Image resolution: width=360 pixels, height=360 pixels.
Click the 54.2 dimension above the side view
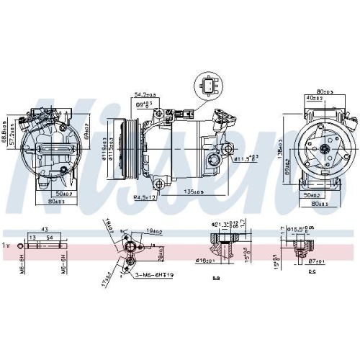tap(148, 94)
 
